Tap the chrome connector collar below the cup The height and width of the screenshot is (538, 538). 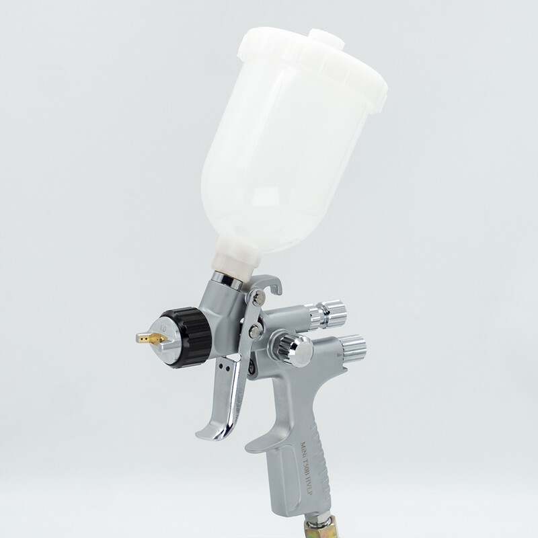[x=225, y=280]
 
